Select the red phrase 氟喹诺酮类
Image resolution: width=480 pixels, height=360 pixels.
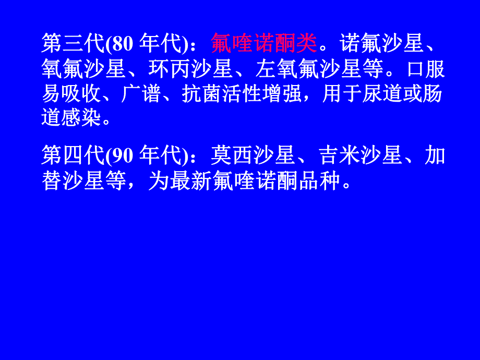pos(264,44)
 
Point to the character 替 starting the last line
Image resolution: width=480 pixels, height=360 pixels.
pos(52,181)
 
